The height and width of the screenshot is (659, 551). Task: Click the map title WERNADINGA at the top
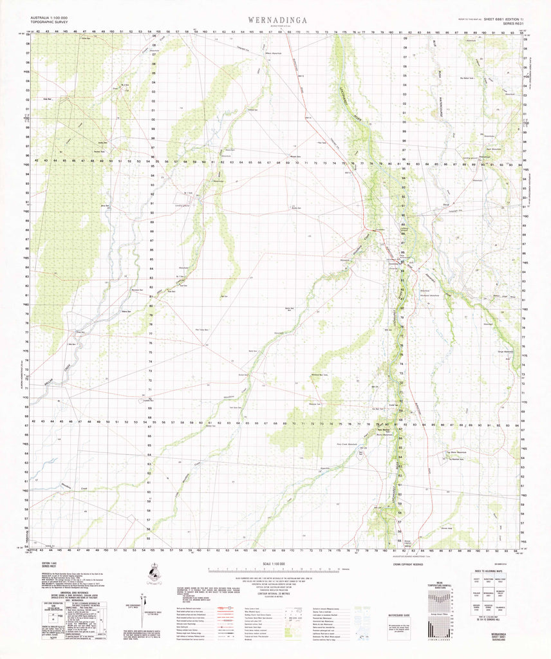pyautogui.click(x=275, y=20)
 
